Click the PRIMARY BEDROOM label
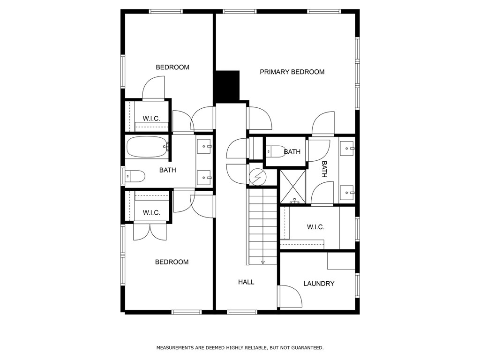(292, 72)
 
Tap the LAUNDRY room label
(319, 284)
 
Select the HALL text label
(246, 282)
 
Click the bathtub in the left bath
(147, 147)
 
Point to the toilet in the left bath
(135, 176)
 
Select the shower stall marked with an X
(292, 187)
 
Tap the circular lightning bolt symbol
(257, 177)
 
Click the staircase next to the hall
(262, 225)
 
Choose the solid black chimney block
(227, 86)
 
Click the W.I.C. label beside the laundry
(315, 227)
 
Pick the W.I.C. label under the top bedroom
(151, 119)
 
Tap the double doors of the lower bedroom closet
(150, 232)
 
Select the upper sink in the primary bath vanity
(346, 149)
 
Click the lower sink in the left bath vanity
(203, 178)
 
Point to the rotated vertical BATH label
(324, 169)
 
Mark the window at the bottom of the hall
(242, 312)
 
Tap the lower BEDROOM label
(172, 262)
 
